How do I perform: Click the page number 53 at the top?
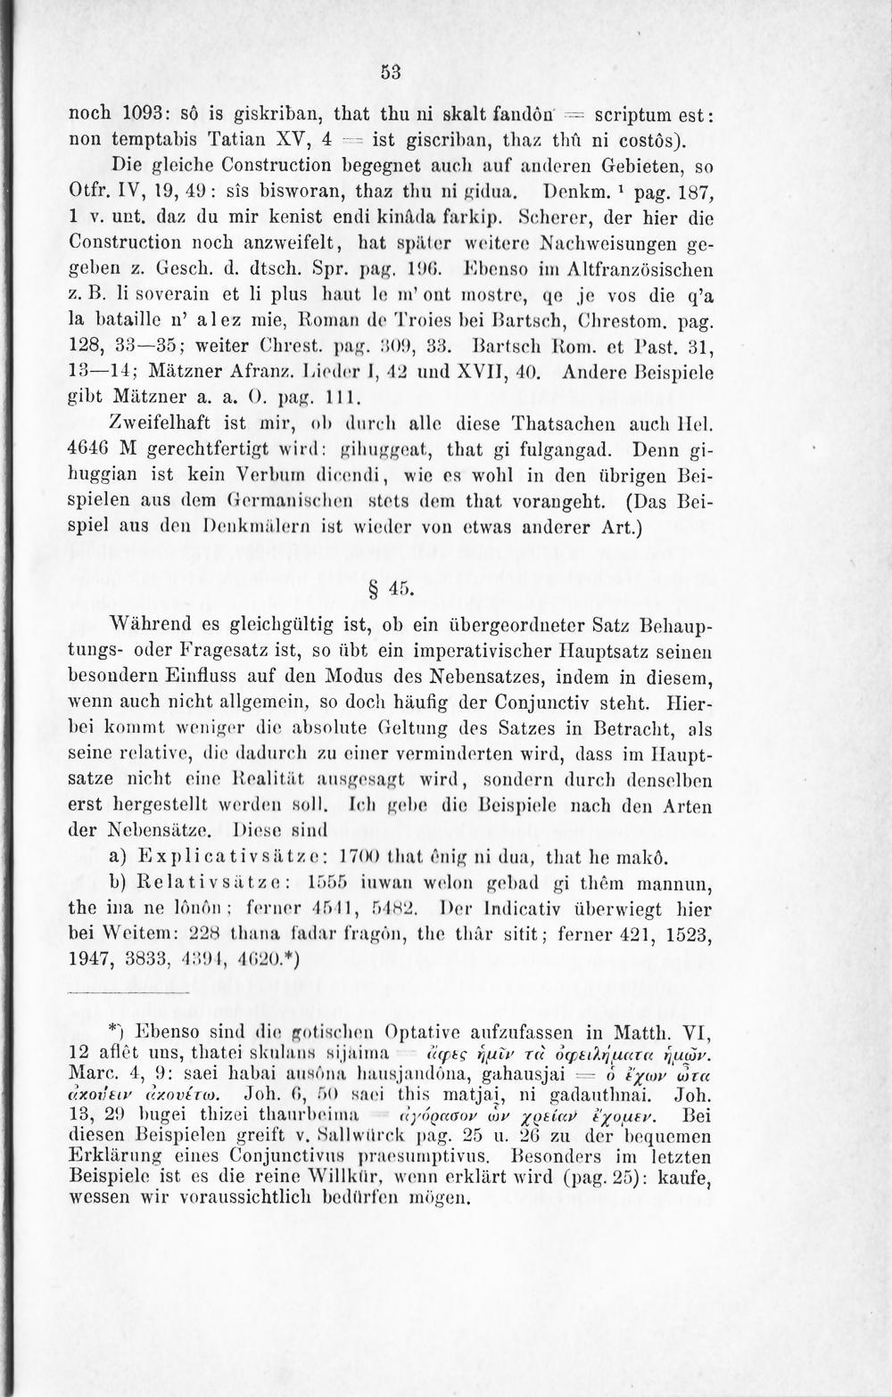pyautogui.click(x=389, y=73)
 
